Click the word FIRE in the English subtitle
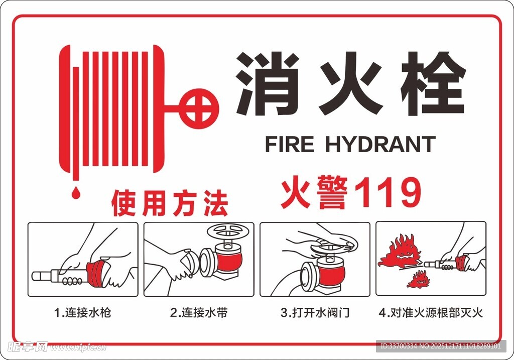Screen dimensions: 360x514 click(289, 145)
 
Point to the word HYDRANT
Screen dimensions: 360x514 click(380, 145)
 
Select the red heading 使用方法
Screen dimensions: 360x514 click(170, 202)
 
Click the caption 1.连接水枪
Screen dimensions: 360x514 click(82, 313)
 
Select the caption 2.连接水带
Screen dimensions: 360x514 click(199, 313)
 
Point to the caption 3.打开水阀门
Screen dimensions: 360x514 click(315, 313)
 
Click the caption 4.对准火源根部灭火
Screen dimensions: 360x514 click(431, 313)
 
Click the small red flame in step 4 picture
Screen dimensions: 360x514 click(418, 280)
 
